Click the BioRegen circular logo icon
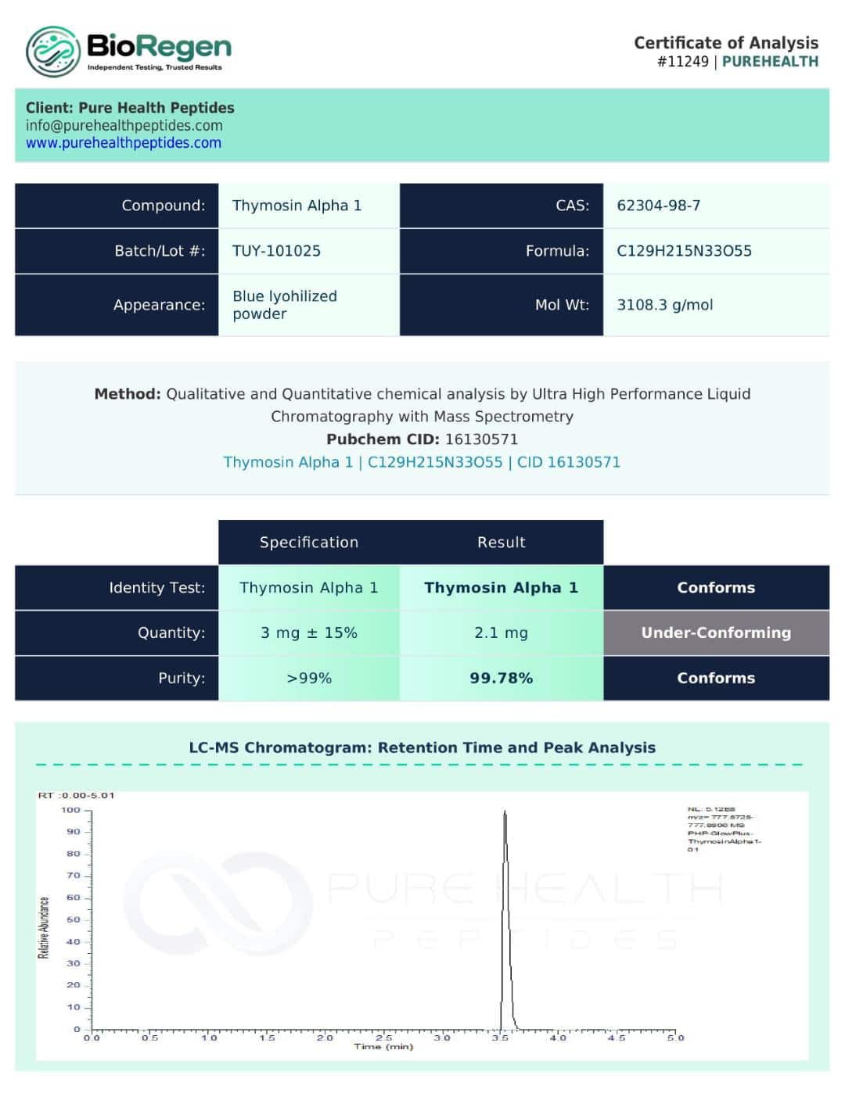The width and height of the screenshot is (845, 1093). click(x=52, y=52)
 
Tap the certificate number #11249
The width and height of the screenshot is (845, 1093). click(x=682, y=62)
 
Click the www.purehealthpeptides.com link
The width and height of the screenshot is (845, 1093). click(x=124, y=143)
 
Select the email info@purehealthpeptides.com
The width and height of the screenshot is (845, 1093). click(x=124, y=125)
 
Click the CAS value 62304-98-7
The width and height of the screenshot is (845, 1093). click(x=658, y=206)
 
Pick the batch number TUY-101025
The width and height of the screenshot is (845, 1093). click(x=276, y=251)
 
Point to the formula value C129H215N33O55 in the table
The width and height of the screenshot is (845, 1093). click(x=684, y=251)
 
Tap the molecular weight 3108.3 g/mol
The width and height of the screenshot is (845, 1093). click(x=664, y=305)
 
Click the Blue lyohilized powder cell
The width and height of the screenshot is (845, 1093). click(x=284, y=305)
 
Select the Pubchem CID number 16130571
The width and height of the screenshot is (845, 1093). click(x=481, y=439)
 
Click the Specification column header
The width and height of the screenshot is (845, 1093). click(x=308, y=543)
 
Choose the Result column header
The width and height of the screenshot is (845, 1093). click(x=501, y=543)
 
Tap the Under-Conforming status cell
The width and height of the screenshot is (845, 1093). click(x=716, y=633)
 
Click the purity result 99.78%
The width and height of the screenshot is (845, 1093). click(x=501, y=678)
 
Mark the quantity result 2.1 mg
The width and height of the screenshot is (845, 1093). click(x=501, y=633)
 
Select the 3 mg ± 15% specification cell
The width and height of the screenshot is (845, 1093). click(x=308, y=633)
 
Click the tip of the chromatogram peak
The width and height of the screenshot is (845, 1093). click(x=505, y=812)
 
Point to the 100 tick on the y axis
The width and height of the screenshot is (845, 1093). click(x=71, y=810)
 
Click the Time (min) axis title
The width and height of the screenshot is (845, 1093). click(x=383, y=1047)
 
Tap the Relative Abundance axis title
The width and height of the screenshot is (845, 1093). click(x=44, y=927)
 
